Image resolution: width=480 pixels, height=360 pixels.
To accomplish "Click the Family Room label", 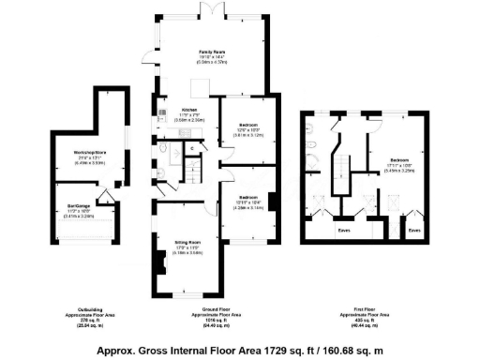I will point(211,52).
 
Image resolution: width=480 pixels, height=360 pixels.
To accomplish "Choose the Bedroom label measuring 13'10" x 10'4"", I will point(247,197).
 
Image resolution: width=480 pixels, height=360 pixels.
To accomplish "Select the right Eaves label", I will point(414,228).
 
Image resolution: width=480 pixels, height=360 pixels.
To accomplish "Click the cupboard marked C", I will point(192,146).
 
